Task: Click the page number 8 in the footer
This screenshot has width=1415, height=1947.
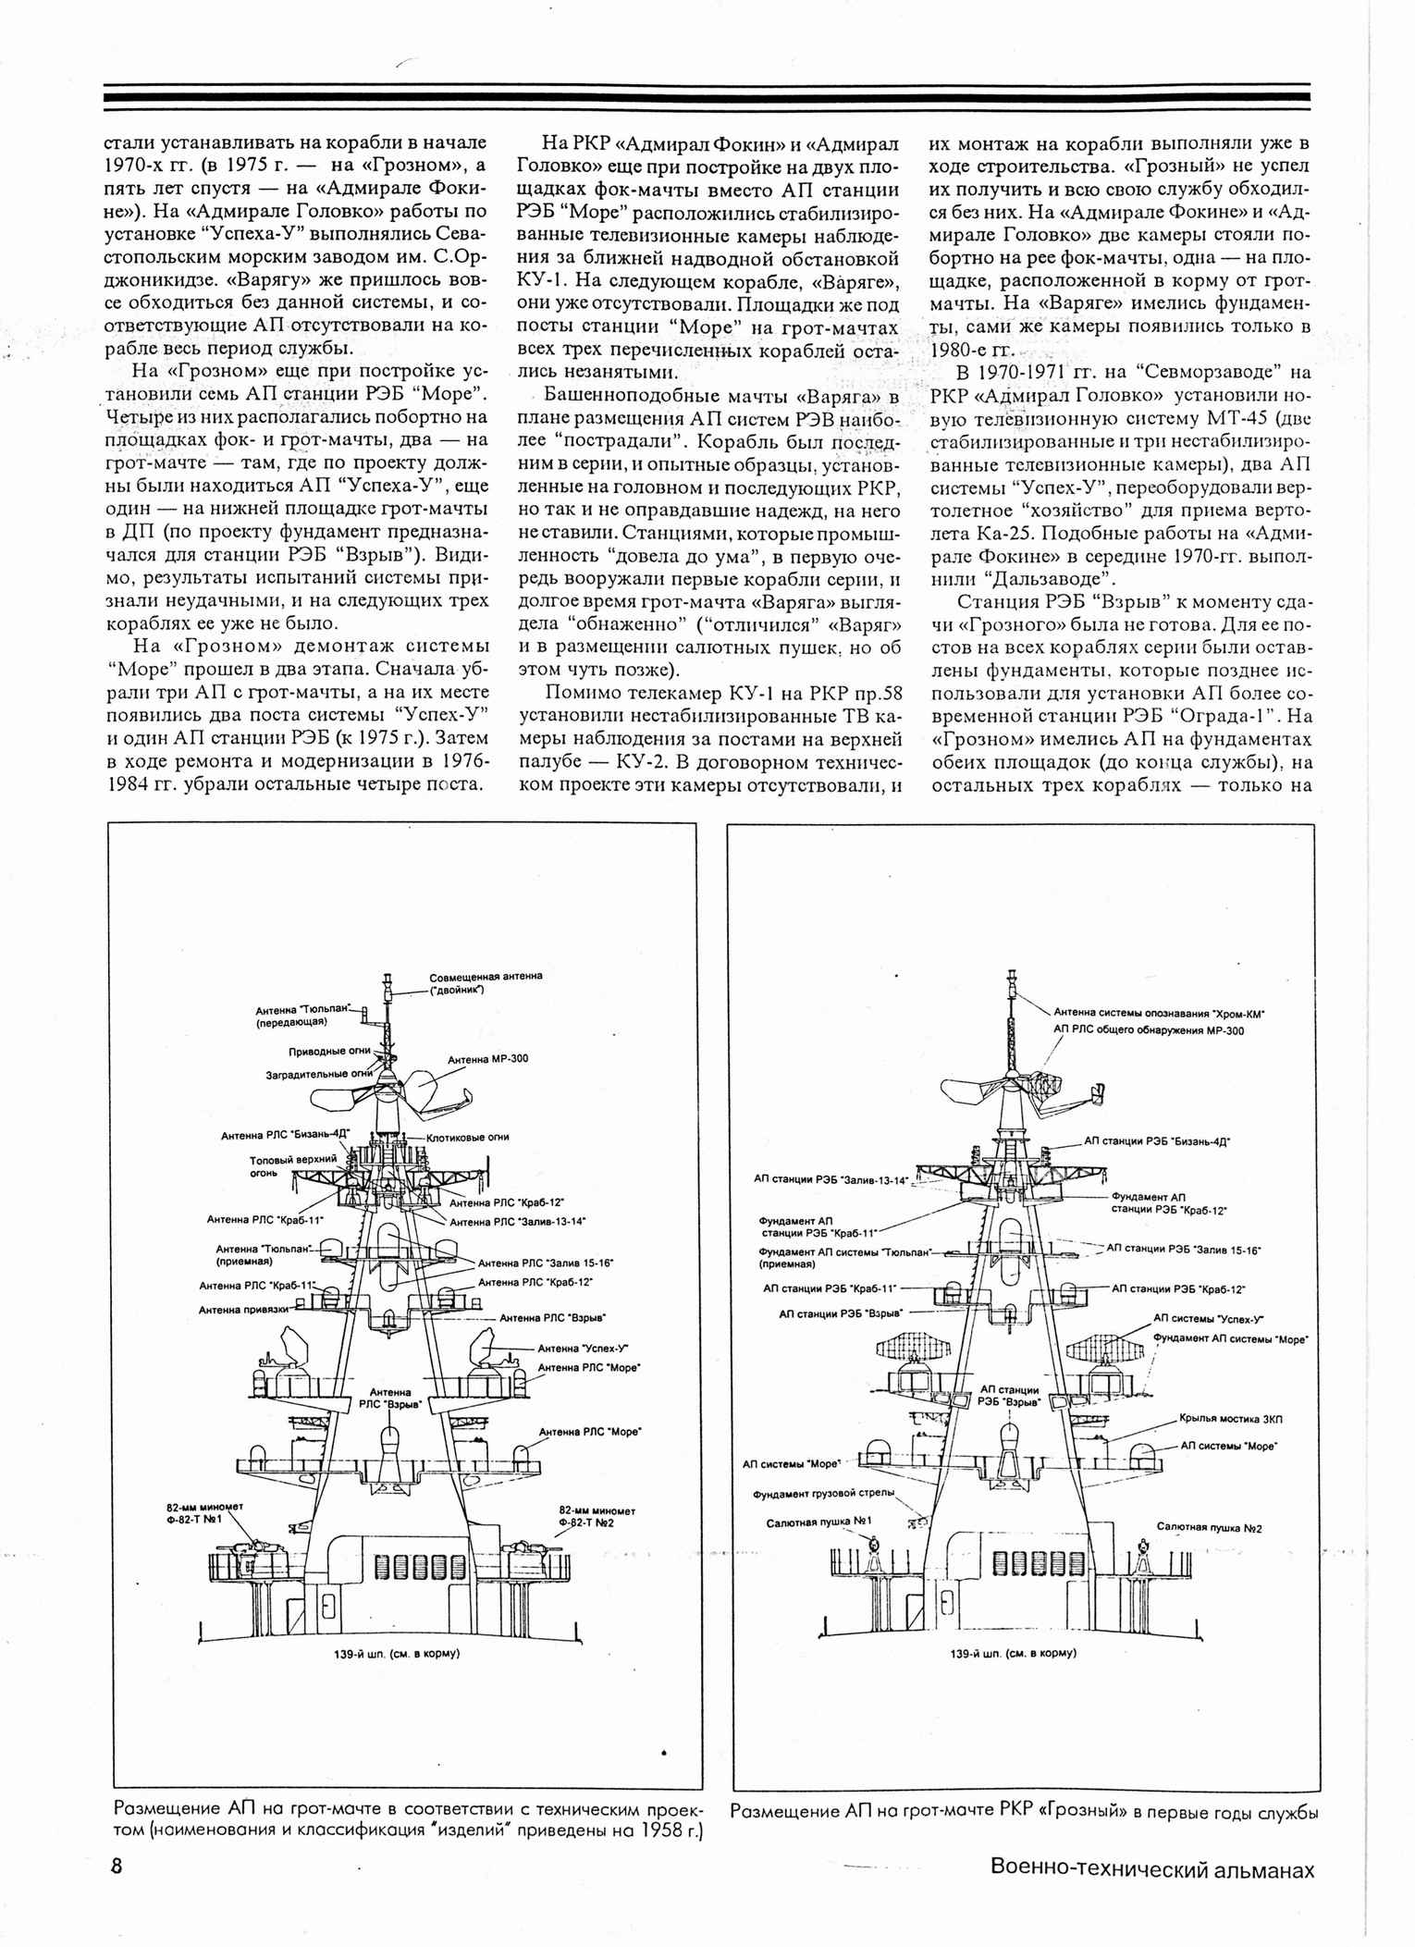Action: pyautogui.click(x=117, y=1866)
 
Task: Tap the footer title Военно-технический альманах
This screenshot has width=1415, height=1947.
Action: pyautogui.click(x=1151, y=1868)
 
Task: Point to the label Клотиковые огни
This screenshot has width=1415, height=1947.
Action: pyautogui.click(x=467, y=1137)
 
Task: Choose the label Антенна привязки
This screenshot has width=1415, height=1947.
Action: pyautogui.click(x=242, y=1309)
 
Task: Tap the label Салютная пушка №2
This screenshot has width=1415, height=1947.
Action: pyautogui.click(x=1209, y=1527)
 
